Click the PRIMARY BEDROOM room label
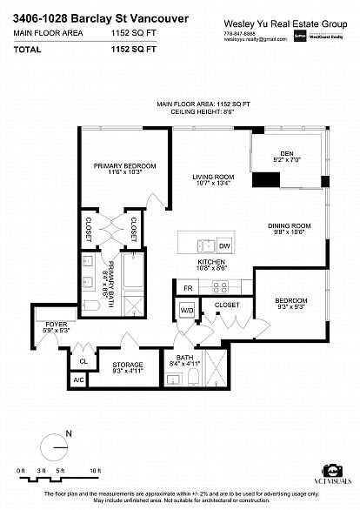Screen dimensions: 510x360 [x=125, y=165]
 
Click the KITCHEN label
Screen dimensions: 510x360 [x=211, y=262]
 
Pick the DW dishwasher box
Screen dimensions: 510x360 [x=223, y=245]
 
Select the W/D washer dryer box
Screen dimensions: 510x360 [x=187, y=310]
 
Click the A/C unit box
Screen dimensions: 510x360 [x=78, y=379]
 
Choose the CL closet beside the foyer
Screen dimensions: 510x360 [x=83, y=360]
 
